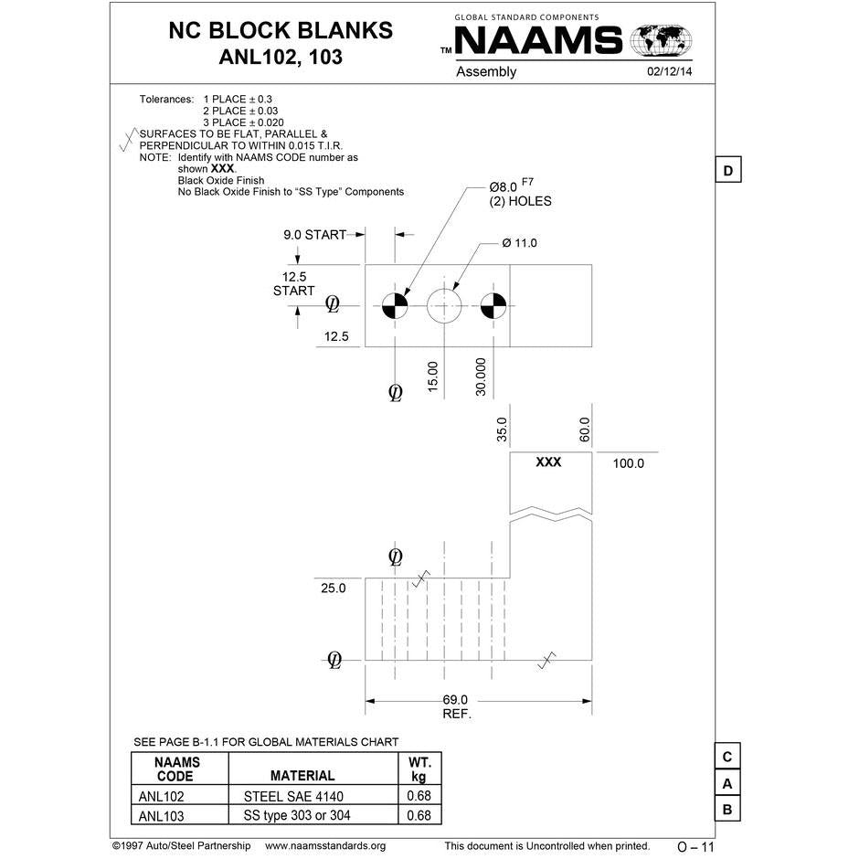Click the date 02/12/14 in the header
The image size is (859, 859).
(670, 71)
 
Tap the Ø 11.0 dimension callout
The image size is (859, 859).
(519, 243)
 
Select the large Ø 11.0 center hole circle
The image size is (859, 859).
(445, 305)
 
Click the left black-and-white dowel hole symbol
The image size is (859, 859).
(395, 305)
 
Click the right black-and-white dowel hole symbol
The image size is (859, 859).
(493, 305)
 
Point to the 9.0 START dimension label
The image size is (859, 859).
(314, 235)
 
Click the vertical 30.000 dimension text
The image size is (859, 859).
(481, 376)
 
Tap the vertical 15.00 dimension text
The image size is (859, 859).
(433, 376)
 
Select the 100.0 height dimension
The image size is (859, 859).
(628, 463)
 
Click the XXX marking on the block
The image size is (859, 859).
(548, 462)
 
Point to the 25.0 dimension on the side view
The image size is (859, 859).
(334, 589)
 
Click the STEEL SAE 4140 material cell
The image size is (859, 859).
(293, 796)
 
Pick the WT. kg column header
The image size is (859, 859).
(419, 769)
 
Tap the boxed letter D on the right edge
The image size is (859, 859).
(727, 171)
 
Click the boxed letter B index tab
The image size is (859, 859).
(727, 810)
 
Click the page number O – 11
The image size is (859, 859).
(695, 847)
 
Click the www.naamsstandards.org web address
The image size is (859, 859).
(325, 846)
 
